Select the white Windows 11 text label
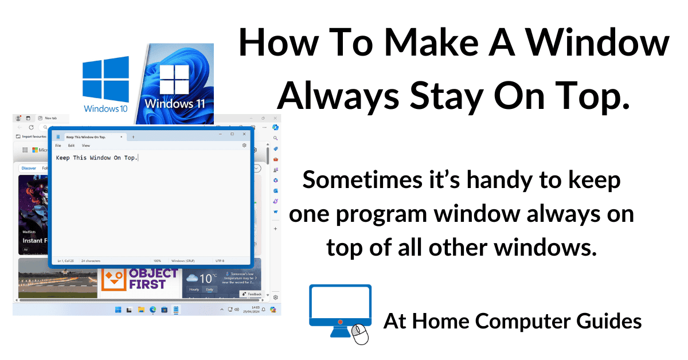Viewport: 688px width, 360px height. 175,104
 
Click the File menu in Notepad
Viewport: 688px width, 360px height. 58,146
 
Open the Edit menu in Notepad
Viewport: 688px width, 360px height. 72,146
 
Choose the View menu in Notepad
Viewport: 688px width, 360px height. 86,146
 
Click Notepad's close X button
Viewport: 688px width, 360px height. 245,134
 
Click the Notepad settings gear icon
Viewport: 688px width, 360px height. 245,146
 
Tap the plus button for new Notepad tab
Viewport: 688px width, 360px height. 134,137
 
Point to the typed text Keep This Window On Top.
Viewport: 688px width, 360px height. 97,158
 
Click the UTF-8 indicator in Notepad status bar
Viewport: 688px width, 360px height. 220,261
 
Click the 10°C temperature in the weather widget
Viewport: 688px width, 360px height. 208,279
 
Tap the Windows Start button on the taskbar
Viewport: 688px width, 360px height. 118,310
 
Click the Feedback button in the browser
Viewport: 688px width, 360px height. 252,294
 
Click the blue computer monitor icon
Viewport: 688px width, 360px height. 340,307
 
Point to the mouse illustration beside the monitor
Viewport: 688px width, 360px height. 360,334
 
